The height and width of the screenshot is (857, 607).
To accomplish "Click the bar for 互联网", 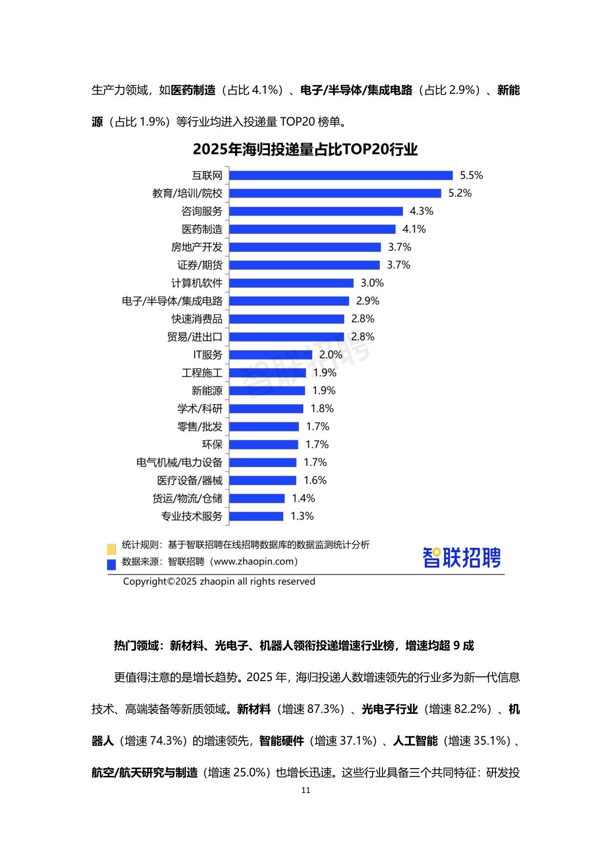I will click(x=341, y=175).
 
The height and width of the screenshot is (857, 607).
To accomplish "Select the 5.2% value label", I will click(x=460, y=193).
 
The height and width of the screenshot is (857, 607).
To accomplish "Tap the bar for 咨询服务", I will click(x=316, y=211).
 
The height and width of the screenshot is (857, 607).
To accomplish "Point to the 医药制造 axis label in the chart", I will click(x=202, y=229).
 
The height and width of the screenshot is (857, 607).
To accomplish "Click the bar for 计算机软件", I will click(x=291, y=283).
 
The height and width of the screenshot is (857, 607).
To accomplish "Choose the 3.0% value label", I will click(x=372, y=283).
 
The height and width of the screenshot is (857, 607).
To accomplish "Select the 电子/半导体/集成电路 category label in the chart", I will click(x=172, y=301).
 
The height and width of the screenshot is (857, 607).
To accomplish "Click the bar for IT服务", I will click(x=270, y=355).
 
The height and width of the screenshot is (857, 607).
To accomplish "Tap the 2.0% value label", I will click(x=331, y=355).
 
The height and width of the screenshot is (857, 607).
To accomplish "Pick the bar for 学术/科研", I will click(x=266, y=408).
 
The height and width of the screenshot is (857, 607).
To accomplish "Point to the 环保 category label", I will click(x=212, y=445).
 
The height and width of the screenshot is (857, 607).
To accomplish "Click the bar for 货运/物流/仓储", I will click(x=257, y=498).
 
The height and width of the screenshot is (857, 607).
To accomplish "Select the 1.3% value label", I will click(x=302, y=516).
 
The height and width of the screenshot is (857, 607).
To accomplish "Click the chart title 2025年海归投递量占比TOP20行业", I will click(x=305, y=150).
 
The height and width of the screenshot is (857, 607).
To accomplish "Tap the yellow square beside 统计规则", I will click(x=112, y=549).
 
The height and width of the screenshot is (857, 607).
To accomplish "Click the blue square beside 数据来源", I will click(x=112, y=564).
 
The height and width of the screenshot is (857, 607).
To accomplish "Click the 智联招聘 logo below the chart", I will click(x=462, y=557).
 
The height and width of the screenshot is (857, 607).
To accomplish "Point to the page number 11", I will click(x=306, y=790).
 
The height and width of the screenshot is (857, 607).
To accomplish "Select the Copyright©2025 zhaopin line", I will click(x=219, y=581).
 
